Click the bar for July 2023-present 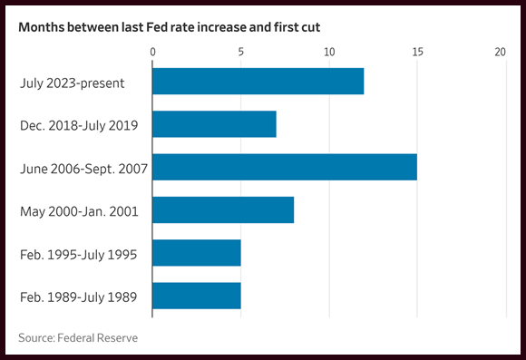pos(258,82)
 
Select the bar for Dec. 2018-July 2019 pos(214,124)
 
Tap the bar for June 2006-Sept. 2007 pos(285,167)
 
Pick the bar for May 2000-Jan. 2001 pos(223,210)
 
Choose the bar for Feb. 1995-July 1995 pos(197,253)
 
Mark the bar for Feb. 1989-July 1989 pos(197,296)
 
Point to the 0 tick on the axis pos(153,52)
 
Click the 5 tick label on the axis pos(241,52)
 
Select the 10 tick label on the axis pos(329,52)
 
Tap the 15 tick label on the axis pos(418,52)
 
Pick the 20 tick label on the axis pos(501,52)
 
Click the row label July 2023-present pos(73,83)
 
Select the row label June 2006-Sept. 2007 pos(83,169)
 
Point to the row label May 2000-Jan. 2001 pos(79,211)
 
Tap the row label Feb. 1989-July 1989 pos(79,297)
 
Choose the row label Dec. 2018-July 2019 pos(79,126)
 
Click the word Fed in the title pos(157,27)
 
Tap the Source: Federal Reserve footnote pos(78,338)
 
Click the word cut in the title pos(311,27)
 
